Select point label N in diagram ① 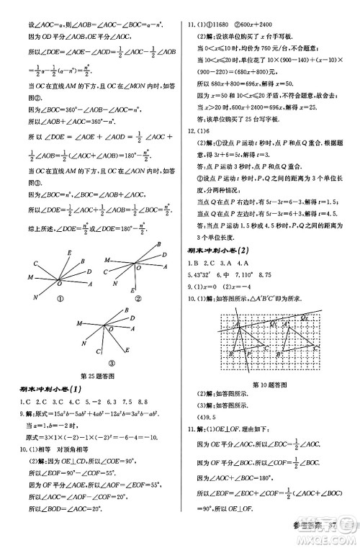click(34, 297)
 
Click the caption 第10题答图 click(271, 384)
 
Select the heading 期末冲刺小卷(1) click(52, 390)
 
